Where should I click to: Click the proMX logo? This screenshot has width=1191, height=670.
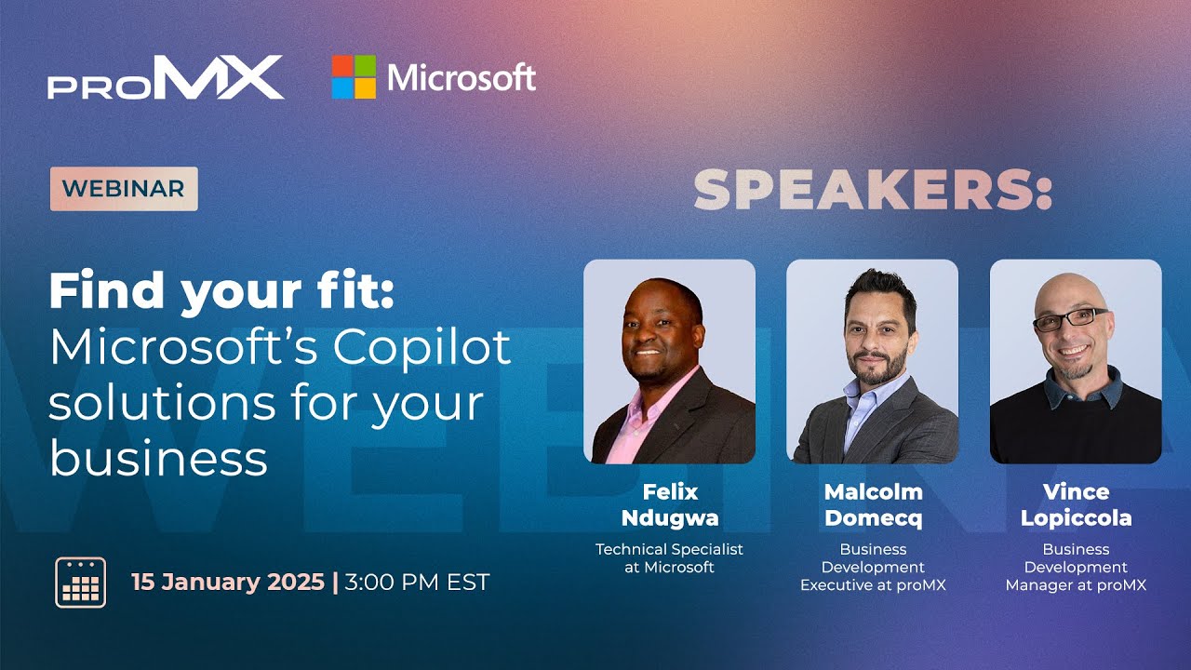[x=166, y=77]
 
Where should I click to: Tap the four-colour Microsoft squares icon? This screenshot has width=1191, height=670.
[x=354, y=77]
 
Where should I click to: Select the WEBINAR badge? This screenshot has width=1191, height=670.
[x=124, y=188]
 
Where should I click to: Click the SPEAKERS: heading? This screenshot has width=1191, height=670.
[x=872, y=190]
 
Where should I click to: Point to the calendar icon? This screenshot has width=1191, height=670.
[x=81, y=583]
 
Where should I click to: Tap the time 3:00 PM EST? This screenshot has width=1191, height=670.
[x=417, y=583]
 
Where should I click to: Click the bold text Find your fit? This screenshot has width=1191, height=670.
[x=222, y=291]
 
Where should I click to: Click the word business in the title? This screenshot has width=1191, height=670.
[x=158, y=458]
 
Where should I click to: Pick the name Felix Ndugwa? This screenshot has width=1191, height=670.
[x=670, y=504]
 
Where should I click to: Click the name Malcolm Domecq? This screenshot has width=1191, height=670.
[x=873, y=504]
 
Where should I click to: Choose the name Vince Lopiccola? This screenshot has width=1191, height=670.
[x=1076, y=504]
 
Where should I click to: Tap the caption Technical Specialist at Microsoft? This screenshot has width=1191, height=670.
[x=670, y=557]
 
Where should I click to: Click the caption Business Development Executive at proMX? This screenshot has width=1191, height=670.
[x=873, y=567]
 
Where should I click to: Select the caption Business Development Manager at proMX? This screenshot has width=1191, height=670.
[x=1076, y=567]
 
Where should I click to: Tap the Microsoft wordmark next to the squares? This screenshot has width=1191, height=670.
[x=462, y=77]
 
